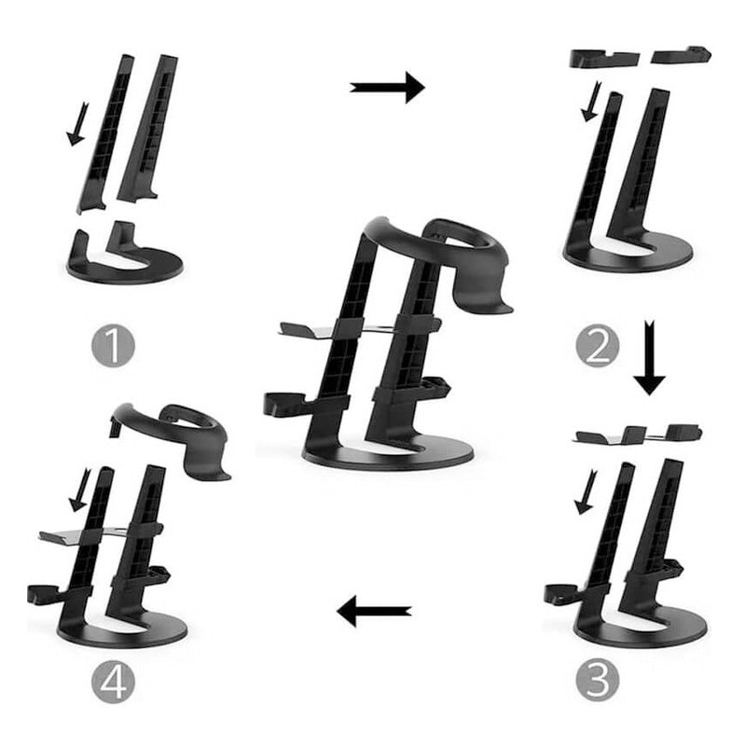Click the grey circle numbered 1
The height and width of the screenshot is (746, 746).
point(113,345)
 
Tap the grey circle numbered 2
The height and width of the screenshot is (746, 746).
point(598,345)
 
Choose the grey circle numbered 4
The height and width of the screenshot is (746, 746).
point(113,682)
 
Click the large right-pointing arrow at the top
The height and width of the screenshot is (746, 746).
point(387,87)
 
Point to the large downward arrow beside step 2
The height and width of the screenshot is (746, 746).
point(649,358)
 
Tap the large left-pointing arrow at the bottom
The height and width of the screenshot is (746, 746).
point(374,611)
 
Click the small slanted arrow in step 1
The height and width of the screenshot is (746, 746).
point(77,124)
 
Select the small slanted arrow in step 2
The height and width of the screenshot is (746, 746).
point(591,102)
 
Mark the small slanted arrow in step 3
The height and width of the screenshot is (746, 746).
point(587,492)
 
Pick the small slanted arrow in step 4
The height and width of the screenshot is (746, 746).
point(80,490)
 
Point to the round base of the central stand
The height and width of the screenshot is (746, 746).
point(388,454)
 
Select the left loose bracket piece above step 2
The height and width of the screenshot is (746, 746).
point(604,58)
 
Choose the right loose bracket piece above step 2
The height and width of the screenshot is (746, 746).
point(682,55)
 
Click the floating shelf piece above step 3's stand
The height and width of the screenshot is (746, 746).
point(638,434)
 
